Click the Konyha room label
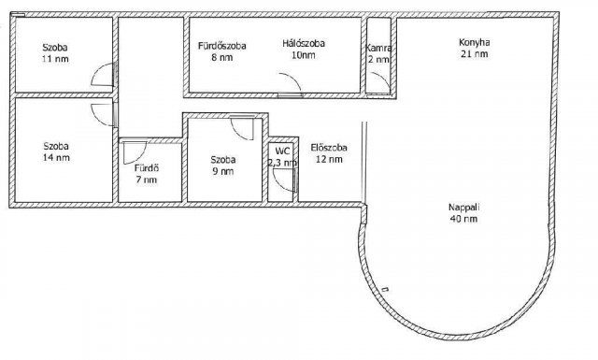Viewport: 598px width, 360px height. [x=474, y=42]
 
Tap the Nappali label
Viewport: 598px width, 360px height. [x=463, y=208]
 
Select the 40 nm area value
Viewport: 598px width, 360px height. [x=463, y=219]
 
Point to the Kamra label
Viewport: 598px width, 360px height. [x=377, y=48]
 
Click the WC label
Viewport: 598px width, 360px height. [x=282, y=151]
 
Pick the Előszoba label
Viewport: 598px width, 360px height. [x=329, y=148]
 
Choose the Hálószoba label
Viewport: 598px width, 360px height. [x=304, y=44]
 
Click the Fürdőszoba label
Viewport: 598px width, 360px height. [x=222, y=46]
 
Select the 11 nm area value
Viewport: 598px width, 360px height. [x=56, y=59]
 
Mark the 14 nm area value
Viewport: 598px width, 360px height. [x=56, y=158]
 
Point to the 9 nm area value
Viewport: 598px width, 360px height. [x=223, y=171]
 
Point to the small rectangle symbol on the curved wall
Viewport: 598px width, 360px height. [x=385, y=289]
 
